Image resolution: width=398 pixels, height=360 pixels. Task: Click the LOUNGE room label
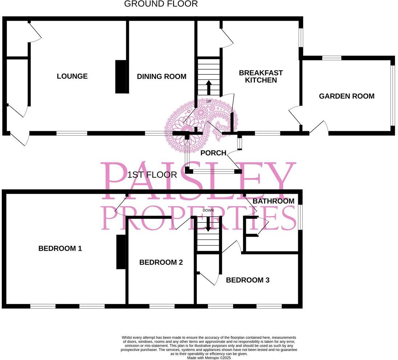tap(72, 76)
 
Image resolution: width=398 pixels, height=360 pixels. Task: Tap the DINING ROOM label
tap(162, 77)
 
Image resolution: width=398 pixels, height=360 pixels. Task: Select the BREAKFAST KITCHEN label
tap(261, 77)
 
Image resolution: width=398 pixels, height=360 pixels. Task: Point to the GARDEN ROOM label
tap(346, 96)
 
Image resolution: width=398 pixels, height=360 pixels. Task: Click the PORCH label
tap(214, 153)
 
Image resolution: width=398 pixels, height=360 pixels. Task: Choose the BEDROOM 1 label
tap(60, 249)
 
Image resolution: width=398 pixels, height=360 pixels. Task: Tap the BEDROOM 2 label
tap(161, 262)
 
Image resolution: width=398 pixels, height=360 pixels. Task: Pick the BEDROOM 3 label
tap(248, 280)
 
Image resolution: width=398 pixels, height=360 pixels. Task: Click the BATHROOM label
tap(273, 201)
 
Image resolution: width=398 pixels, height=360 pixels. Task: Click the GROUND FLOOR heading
tap(161, 4)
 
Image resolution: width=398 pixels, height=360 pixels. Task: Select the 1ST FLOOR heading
tap(152, 175)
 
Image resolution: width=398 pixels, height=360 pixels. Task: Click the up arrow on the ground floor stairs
tap(208, 87)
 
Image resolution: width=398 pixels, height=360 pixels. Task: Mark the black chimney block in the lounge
tap(120, 77)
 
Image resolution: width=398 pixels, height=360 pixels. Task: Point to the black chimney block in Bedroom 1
tap(121, 252)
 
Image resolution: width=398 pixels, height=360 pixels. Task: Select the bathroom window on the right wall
tap(300, 217)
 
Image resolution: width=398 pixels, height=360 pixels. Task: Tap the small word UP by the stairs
tap(208, 102)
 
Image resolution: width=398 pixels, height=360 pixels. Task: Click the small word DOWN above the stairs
tap(208, 210)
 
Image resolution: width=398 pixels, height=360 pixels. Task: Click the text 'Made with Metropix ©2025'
tap(209, 357)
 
